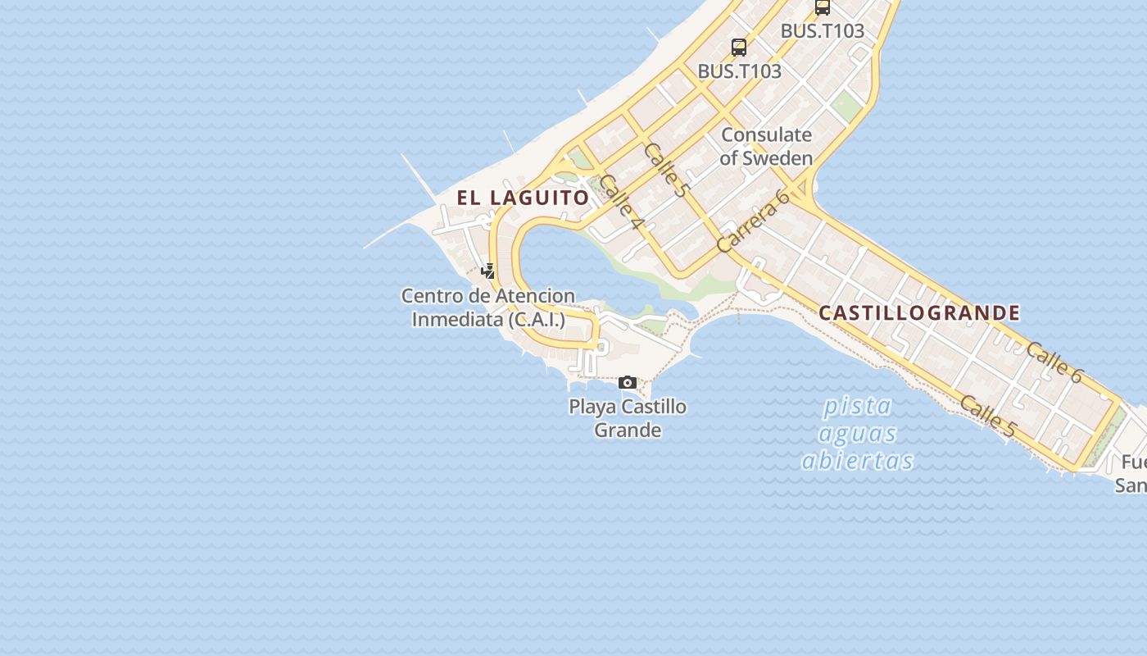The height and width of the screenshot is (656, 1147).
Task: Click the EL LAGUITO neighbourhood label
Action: pyautogui.click(x=523, y=198)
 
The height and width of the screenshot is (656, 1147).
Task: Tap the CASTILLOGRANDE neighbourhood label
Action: pyautogui.click(x=919, y=312)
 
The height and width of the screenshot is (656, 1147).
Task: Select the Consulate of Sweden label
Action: pyautogui.click(x=766, y=146)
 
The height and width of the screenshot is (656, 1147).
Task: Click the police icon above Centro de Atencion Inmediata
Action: pyautogui.click(x=487, y=271)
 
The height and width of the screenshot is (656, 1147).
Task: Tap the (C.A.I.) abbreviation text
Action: pyautogui.click(x=537, y=320)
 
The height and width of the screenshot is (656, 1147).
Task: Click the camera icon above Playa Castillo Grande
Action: pyautogui.click(x=628, y=382)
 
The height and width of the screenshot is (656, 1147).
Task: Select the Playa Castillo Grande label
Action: pyautogui.click(x=628, y=418)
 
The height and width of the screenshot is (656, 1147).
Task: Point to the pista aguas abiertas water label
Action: pyautogui.click(x=857, y=433)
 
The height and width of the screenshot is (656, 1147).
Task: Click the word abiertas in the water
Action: pyautogui.click(x=857, y=461)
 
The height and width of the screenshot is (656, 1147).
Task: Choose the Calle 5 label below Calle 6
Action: pyautogui.click(x=987, y=416)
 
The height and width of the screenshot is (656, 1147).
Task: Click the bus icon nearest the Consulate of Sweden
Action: pyautogui.click(x=739, y=48)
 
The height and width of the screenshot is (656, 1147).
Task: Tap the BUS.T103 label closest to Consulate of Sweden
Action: pyautogui.click(x=739, y=71)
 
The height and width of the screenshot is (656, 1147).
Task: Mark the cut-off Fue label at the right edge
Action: pyautogui.click(x=1134, y=461)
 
